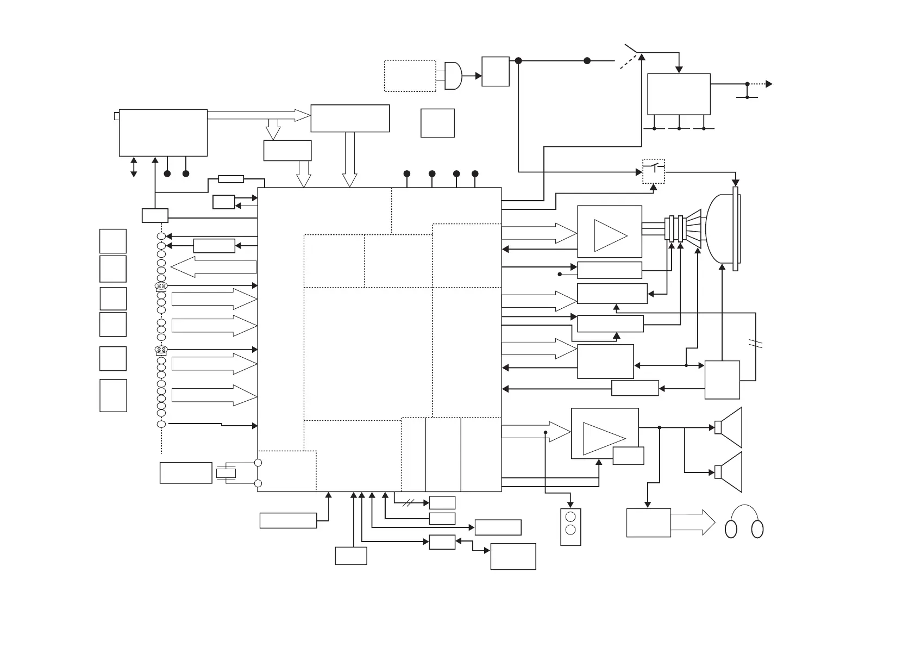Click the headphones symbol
(x=744, y=523)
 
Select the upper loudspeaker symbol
(x=730, y=427)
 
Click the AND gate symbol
(x=453, y=76)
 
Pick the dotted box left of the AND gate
(x=410, y=76)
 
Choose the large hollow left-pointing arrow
(x=213, y=266)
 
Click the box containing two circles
(x=571, y=527)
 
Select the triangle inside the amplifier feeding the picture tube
(x=610, y=235)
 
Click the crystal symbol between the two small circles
(x=226, y=473)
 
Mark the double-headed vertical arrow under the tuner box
(x=134, y=167)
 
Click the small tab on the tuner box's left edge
(x=116, y=116)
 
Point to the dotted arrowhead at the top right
(x=769, y=84)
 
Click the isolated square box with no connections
(x=437, y=123)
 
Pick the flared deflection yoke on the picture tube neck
(x=693, y=229)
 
